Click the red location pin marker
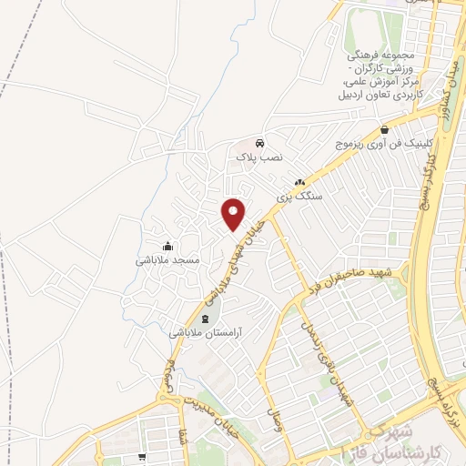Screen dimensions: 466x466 [234, 214]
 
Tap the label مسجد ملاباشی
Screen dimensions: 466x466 [167, 260]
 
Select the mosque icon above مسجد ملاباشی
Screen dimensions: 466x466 [167, 247]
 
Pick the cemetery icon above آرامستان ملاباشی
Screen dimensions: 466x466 [204, 319]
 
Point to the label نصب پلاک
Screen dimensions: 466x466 [260, 157]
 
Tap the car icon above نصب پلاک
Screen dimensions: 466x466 [260, 144]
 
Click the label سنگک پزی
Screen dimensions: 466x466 [299, 196]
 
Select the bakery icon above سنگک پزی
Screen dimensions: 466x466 [299, 182]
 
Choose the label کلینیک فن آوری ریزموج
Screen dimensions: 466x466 [386, 145]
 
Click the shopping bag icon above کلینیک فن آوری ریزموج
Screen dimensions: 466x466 [386, 130]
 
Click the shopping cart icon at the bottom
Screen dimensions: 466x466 [141, 459]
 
